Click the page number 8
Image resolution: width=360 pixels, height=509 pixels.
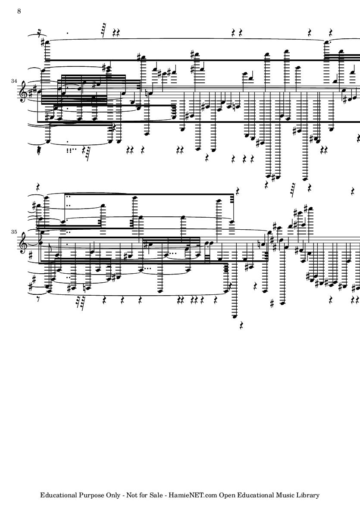(19, 11)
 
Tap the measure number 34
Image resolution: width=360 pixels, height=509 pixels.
(14, 81)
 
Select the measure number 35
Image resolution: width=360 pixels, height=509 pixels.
(14, 232)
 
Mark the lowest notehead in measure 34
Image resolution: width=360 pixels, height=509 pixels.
(305, 178)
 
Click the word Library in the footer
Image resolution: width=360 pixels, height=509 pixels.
(308, 496)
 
